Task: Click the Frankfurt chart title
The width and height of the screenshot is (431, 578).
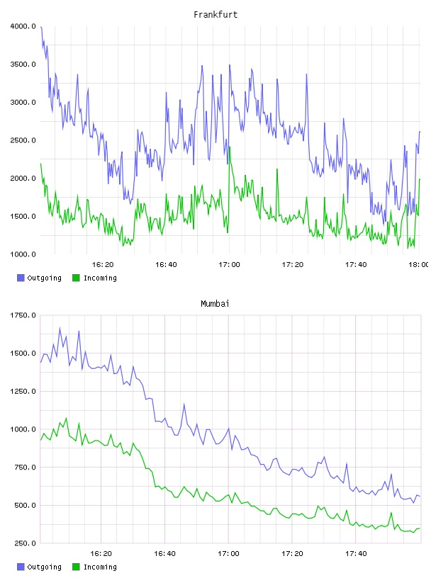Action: coord(216,15)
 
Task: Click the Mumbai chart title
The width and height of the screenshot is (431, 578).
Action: coord(215,304)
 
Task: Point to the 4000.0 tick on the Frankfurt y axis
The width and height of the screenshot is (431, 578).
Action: coord(23,26)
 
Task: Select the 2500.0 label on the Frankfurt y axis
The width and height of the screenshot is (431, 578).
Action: coord(23,140)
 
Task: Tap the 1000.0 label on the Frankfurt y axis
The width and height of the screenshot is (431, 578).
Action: coord(23,254)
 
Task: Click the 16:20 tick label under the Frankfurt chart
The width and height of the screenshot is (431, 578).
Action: coord(103,265)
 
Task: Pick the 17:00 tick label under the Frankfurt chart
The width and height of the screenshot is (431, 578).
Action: coord(229,265)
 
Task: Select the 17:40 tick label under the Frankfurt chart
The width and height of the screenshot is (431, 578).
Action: coord(356,265)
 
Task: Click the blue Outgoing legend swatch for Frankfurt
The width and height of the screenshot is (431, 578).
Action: coord(21,278)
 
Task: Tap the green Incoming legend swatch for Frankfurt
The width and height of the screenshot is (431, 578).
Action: coord(76,278)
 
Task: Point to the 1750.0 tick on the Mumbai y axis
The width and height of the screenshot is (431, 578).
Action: coord(23,315)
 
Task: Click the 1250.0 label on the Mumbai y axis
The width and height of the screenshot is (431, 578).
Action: coord(23,392)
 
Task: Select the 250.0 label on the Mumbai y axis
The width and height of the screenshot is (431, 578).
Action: coord(25,543)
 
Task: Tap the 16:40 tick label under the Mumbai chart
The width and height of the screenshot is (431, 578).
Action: coord(165,554)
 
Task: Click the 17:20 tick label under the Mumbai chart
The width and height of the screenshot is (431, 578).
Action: coord(292,554)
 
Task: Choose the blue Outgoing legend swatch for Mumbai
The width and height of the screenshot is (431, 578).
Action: coord(21,567)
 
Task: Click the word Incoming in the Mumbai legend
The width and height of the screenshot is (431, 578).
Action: coord(100,567)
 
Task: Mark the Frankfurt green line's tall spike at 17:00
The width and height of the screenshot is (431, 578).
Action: coord(230,147)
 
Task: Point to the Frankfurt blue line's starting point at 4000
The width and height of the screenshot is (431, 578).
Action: coord(41,27)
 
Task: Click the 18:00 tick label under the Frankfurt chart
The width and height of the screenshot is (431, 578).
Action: coord(418,265)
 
